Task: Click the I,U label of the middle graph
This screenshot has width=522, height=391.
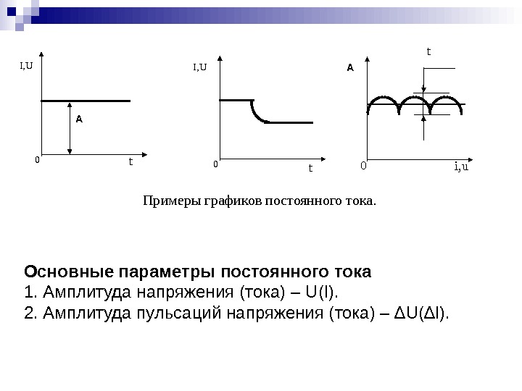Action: tap(199, 68)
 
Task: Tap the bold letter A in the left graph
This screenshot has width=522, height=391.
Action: tap(79, 119)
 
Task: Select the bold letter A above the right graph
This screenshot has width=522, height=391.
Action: tap(349, 67)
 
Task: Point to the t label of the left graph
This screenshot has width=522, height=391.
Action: tap(130, 161)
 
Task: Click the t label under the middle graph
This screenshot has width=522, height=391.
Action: tap(310, 168)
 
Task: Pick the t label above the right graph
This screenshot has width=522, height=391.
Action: tap(428, 51)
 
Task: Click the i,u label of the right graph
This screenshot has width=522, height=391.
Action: tap(461, 167)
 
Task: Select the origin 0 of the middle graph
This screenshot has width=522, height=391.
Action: tap(215, 164)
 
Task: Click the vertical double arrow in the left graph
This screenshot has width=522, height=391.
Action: tap(70, 127)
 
